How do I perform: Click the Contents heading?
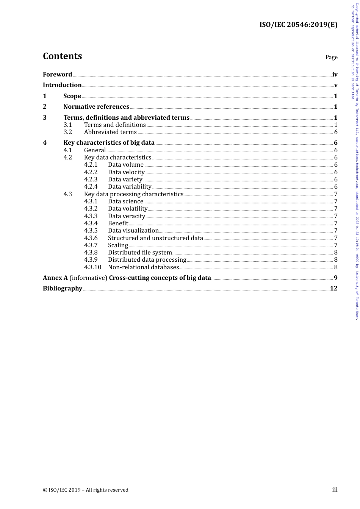(62, 56)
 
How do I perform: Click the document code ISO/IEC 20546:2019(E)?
(298, 25)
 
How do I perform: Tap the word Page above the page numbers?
(331, 57)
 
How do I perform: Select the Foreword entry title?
(57, 75)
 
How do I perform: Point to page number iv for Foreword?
(335, 75)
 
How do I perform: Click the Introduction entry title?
(62, 85)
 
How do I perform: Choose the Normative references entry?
(96, 107)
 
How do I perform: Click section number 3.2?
(67, 132)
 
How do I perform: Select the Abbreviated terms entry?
(110, 132)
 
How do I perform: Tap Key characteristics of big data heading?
(109, 143)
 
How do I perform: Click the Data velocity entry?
(126, 172)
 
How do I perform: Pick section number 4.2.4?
(91, 187)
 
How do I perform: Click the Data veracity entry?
(127, 216)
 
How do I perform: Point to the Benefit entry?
(118, 223)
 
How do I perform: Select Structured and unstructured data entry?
(155, 238)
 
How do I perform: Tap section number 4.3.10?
(92, 267)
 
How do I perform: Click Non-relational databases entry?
(143, 267)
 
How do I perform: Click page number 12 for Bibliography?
(333, 289)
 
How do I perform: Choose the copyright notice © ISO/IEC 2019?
(86, 490)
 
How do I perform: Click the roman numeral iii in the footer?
(335, 490)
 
